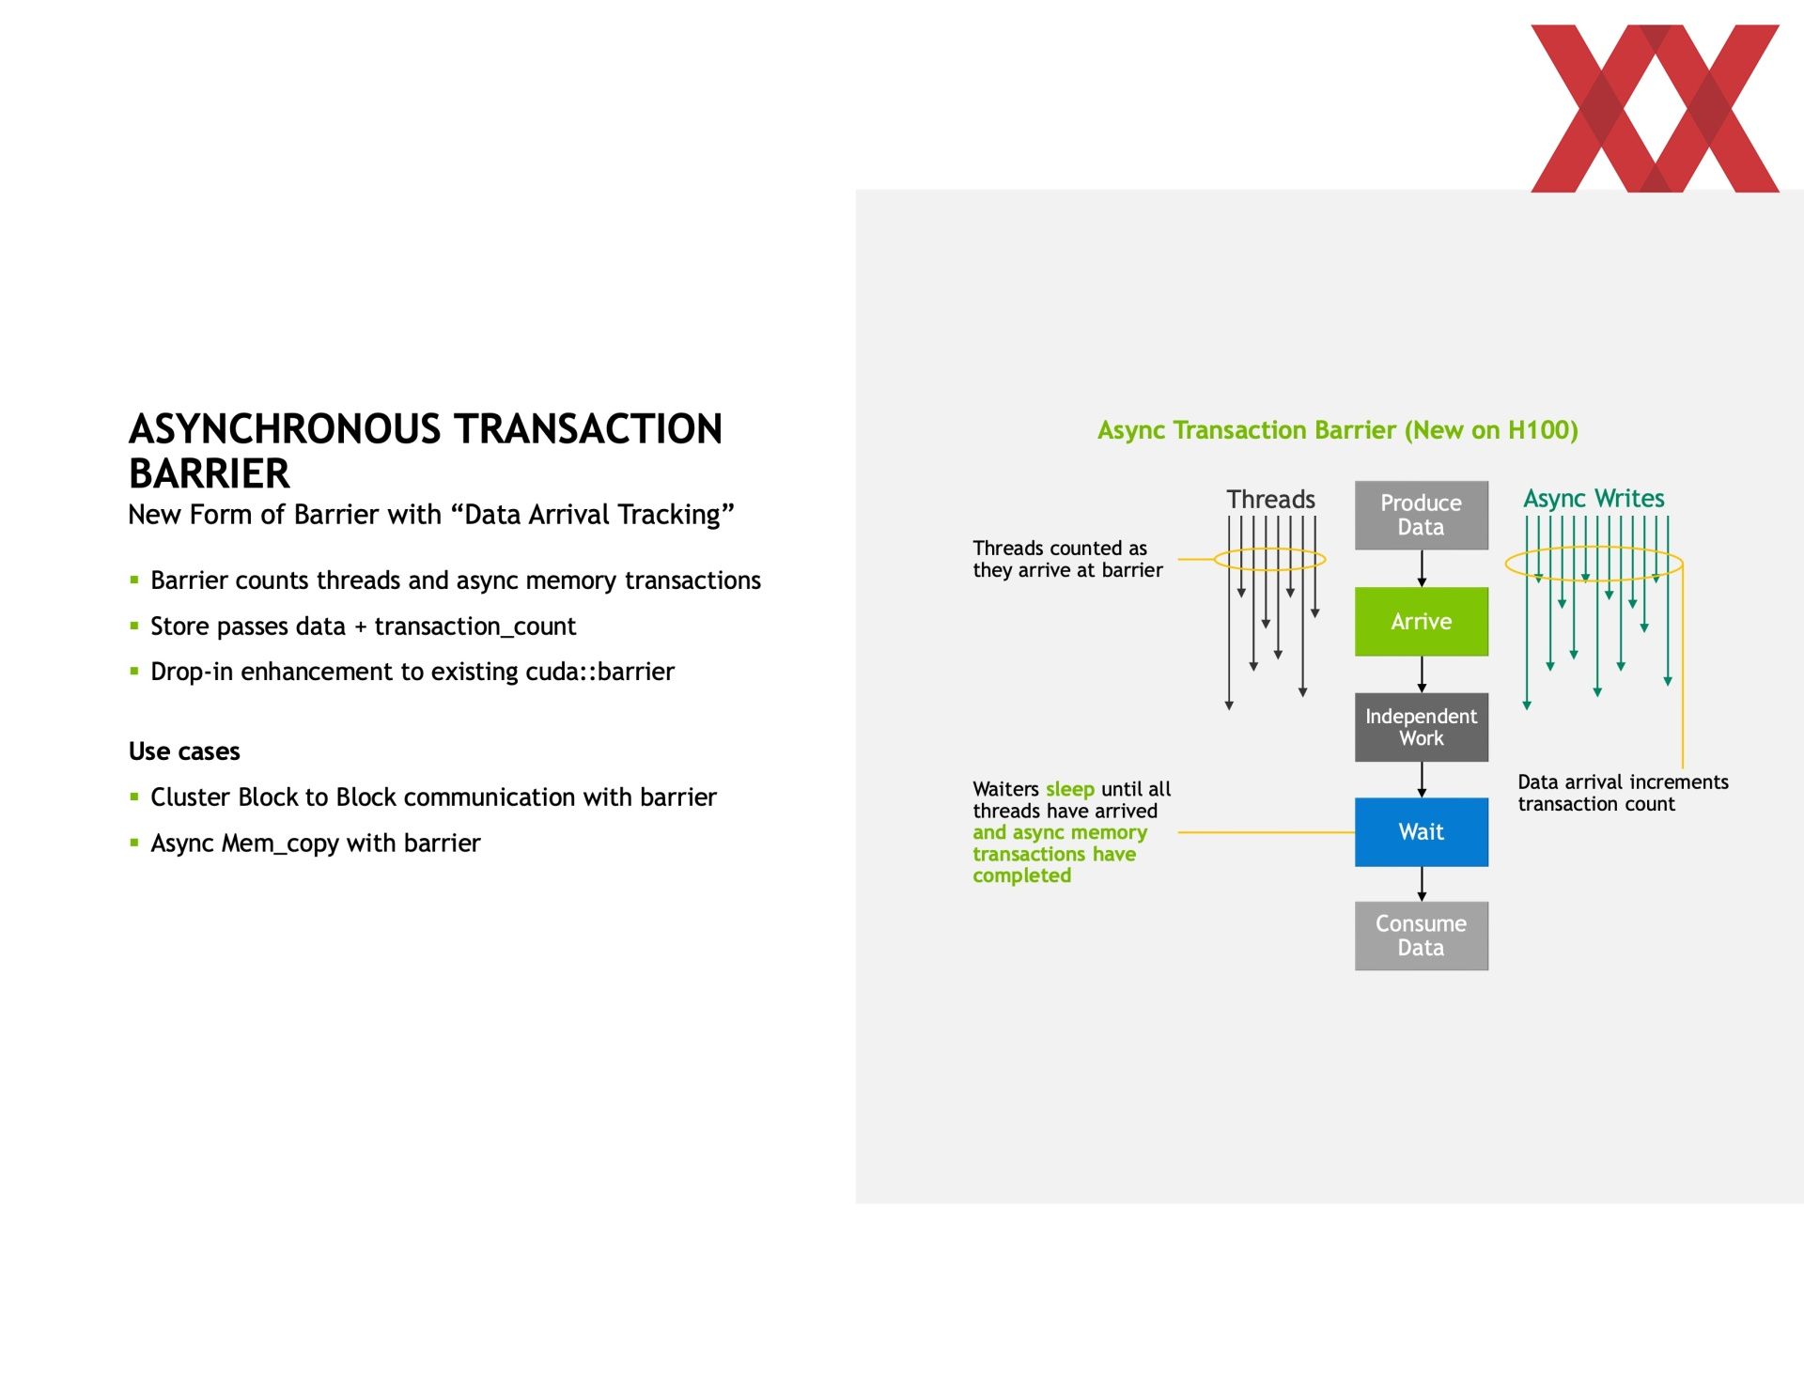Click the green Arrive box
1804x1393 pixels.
point(1421,621)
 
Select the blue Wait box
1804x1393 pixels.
point(1421,831)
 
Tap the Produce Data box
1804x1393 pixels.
point(1421,515)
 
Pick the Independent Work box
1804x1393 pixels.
point(1421,727)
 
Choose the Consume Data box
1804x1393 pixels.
point(1421,936)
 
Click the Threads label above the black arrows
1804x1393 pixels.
point(1270,499)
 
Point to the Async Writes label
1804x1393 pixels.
point(1594,499)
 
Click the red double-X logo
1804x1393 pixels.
point(1655,108)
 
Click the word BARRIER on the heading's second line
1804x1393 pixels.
point(210,473)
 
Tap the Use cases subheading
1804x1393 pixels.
point(184,751)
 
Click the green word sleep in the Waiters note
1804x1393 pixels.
point(1070,789)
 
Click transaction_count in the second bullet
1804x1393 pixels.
point(475,627)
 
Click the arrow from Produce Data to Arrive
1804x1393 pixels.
point(1422,568)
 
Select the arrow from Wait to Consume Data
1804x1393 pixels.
point(1422,884)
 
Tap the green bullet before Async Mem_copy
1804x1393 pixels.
point(134,843)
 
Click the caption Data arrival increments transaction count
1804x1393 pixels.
point(1623,793)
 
